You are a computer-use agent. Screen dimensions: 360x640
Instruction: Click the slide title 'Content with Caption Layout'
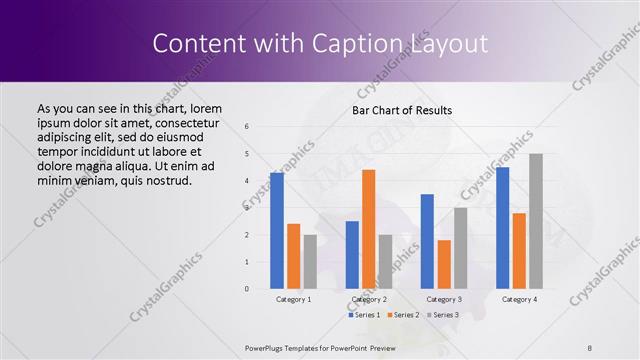coord(320,44)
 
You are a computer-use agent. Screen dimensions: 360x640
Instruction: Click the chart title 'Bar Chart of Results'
coord(402,110)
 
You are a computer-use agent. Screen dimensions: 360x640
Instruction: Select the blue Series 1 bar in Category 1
coord(276,230)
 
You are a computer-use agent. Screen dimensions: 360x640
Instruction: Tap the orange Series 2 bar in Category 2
coord(368,229)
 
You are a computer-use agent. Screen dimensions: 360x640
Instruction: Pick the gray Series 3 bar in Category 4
coord(536,221)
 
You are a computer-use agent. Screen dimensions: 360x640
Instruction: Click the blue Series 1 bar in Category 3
coord(427,241)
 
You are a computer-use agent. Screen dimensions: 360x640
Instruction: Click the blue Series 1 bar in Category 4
coord(502,227)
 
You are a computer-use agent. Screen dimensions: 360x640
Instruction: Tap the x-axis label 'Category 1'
coord(293,299)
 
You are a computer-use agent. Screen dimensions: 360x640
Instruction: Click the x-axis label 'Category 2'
coord(368,299)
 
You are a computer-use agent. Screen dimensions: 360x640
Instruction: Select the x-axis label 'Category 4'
coord(519,299)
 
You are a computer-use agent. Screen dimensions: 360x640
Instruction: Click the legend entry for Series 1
coord(364,315)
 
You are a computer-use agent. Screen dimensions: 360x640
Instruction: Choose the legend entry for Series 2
coord(403,315)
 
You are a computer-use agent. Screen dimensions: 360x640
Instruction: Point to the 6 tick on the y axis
coord(247,127)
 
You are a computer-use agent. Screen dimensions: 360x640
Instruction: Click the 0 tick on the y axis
coord(247,289)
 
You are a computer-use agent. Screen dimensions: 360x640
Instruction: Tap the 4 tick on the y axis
coord(247,181)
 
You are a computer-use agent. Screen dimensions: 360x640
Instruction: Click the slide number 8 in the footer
coord(590,348)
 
